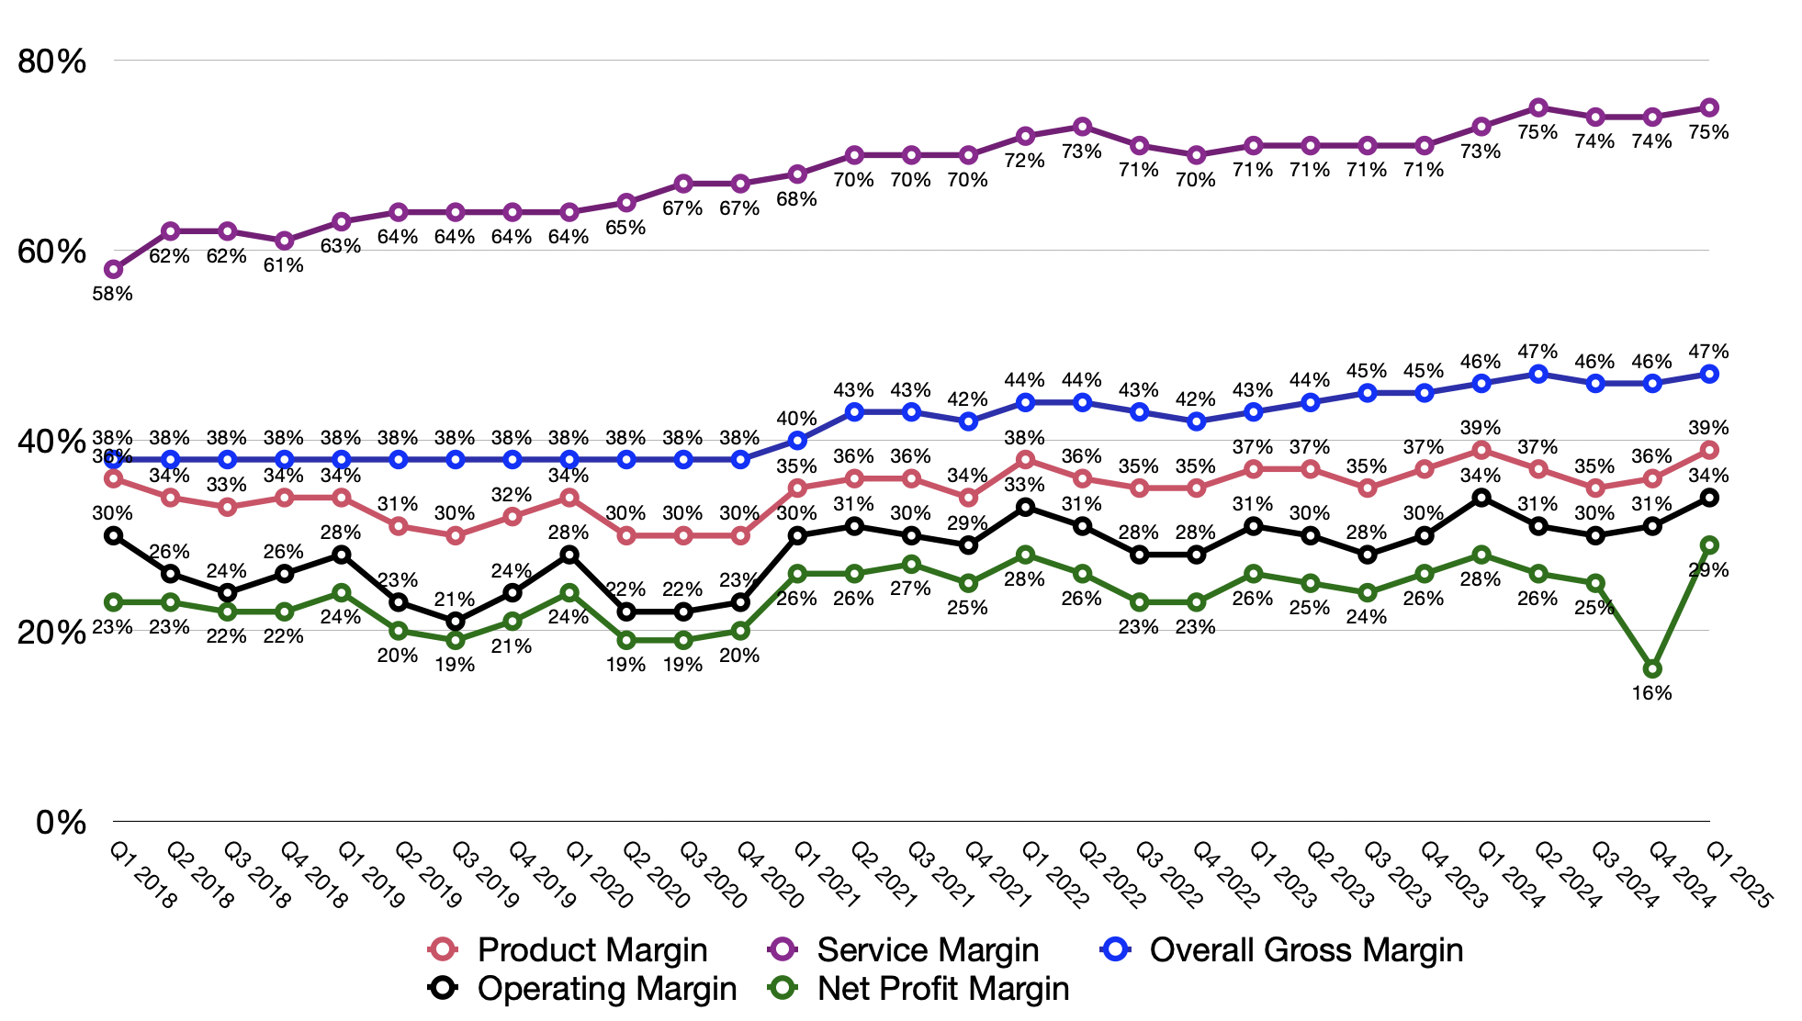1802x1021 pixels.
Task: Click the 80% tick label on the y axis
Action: (x=51, y=62)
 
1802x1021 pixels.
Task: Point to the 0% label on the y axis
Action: (x=61, y=822)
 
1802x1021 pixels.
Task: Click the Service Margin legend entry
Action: (x=928, y=950)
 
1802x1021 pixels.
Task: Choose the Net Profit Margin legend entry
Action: (x=943, y=989)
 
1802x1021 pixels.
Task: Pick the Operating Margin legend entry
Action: (x=606, y=989)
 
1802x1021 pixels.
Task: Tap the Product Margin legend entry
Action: (x=592, y=950)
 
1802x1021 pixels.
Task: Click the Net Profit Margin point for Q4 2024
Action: (x=1652, y=669)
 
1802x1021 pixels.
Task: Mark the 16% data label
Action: (x=1651, y=693)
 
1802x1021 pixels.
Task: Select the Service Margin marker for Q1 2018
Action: (x=114, y=269)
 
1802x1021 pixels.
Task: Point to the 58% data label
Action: (x=113, y=294)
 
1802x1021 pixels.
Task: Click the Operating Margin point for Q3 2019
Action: (x=456, y=622)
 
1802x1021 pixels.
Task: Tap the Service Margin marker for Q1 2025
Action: (x=1709, y=107)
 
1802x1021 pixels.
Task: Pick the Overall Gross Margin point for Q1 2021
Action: (x=797, y=441)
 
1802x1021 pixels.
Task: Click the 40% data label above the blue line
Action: (x=796, y=419)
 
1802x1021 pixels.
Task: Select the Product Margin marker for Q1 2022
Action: (x=1026, y=460)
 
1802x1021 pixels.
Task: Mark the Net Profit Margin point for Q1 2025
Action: (x=1709, y=545)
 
